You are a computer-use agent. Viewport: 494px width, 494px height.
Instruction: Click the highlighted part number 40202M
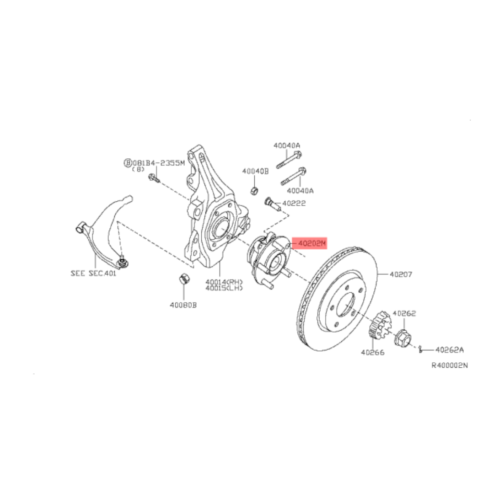(312, 243)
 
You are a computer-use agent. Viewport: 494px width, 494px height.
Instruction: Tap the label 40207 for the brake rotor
(401, 274)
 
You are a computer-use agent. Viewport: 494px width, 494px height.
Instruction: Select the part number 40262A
(450, 350)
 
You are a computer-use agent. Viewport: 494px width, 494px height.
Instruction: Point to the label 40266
(373, 352)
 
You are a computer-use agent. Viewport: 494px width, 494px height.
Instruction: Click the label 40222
(294, 203)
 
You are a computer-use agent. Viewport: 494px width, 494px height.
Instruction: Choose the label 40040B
(255, 171)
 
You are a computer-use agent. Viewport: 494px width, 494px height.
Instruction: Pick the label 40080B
(183, 305)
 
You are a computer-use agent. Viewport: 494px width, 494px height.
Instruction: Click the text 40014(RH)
(224, 281)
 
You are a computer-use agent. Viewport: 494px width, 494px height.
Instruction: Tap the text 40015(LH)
(224, 288)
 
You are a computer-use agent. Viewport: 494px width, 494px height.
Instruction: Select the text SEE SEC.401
(93, 273)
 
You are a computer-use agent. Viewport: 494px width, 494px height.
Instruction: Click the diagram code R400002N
(450, 365)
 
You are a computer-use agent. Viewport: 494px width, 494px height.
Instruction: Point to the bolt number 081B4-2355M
(159, 163)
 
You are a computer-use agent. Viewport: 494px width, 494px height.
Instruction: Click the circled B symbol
(128, 163)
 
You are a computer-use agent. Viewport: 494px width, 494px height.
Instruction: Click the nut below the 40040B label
(255, 190)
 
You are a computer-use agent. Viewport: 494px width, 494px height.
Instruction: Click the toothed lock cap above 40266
(380, 326)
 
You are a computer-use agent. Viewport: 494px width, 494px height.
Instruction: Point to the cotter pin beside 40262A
(420, 349)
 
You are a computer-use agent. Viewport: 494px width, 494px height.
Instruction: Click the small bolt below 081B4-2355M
(154, 178)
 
